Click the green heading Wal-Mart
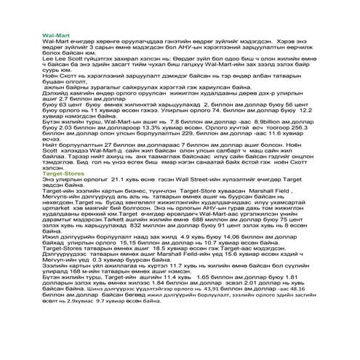[x=56, y=35]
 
